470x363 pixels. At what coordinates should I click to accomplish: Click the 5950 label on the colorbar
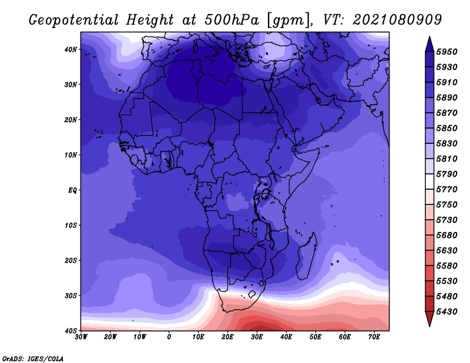coord(446,52)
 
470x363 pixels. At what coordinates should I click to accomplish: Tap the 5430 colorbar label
coord(446,312)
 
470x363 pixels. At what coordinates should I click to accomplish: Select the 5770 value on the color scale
coord(446,190)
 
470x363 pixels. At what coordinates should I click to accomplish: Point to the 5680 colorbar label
coord(446,236)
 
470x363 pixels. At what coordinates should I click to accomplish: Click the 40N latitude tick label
coord(70,49)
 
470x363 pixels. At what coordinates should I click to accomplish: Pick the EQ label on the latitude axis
coord(72,190)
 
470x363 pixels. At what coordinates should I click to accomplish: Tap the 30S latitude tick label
coord(70,295)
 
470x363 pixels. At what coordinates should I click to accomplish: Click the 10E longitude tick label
coord(198,337)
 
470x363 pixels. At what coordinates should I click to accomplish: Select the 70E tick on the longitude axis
coord(374,337)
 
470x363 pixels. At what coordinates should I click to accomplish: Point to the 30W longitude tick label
coord(81,337)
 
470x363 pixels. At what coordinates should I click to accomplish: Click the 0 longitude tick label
coord(169,337)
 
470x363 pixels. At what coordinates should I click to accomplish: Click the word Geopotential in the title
coord(74,20)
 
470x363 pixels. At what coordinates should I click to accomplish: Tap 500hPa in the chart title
coord(231,20)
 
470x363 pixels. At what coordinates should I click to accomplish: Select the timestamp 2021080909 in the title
coord(397,20)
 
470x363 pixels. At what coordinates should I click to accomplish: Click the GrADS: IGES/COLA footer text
coord(33,359)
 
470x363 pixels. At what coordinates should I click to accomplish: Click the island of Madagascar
coord(307,256)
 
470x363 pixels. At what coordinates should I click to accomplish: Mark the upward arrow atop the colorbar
coord(429,44)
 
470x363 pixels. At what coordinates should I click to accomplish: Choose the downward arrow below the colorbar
coord(429,319)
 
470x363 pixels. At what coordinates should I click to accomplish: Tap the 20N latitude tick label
coord(70,120)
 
